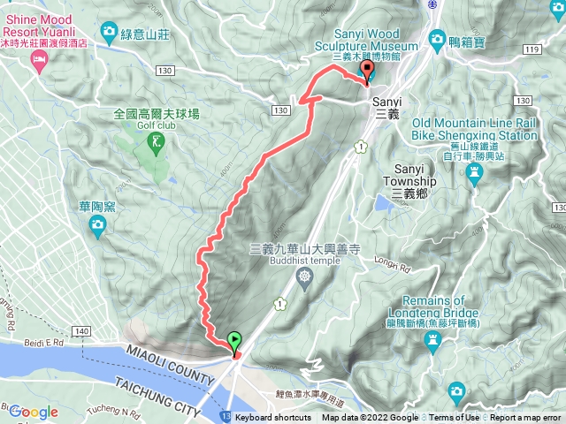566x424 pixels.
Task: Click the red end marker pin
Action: [368, 71]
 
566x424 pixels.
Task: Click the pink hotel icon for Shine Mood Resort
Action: [38, 60]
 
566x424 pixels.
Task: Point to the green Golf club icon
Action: [157, 140]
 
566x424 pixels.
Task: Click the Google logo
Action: [34, 412]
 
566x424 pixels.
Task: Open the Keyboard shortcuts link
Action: [274, 418]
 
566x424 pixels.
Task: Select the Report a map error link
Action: [526, 418]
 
